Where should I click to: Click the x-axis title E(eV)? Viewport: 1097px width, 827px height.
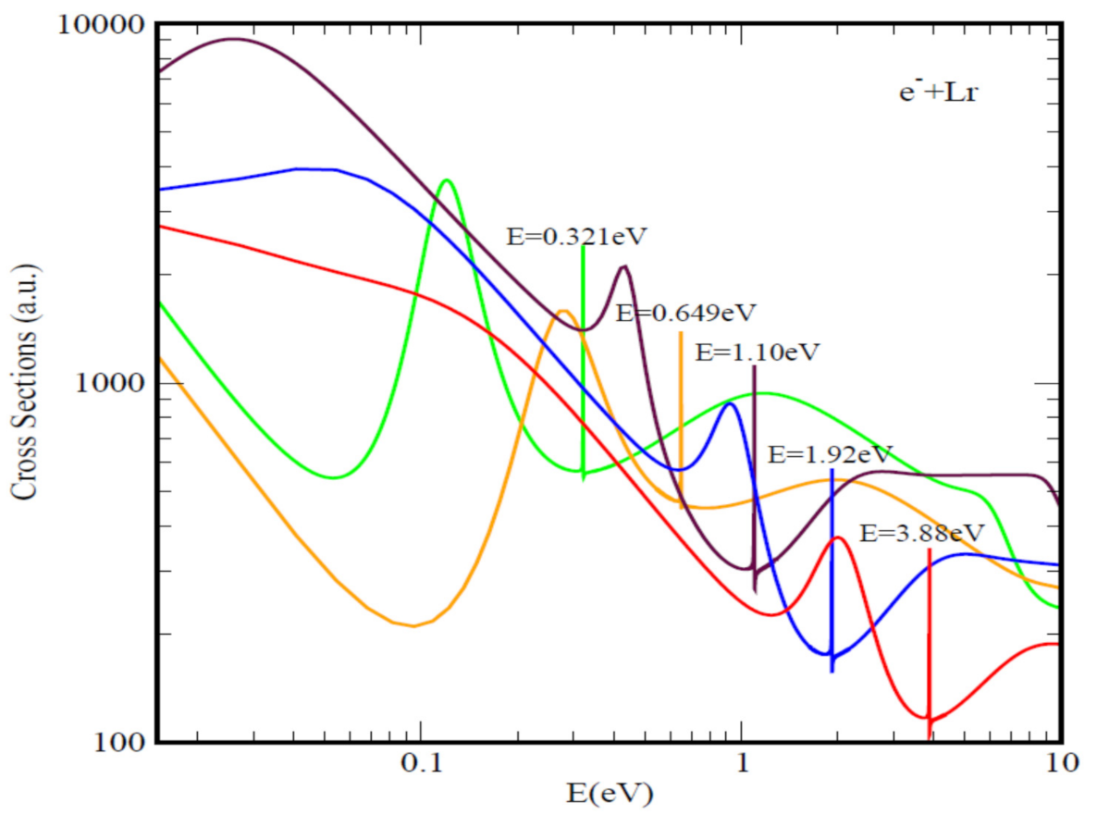click(x=610, y=795)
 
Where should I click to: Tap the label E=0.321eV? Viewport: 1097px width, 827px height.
click(x=574, y=236)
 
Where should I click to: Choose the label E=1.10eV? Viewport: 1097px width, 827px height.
click(x=757, y=352)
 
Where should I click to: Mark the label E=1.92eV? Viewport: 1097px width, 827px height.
click(x=831, y=454)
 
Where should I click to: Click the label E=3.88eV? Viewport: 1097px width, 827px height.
click(x=921, y=533)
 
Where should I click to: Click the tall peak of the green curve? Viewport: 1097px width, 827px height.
click(x=448, y=180)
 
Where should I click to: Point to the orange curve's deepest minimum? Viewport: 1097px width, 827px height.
click(x=413, y=626)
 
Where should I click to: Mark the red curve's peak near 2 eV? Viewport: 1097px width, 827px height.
click(x=837, y=537)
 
